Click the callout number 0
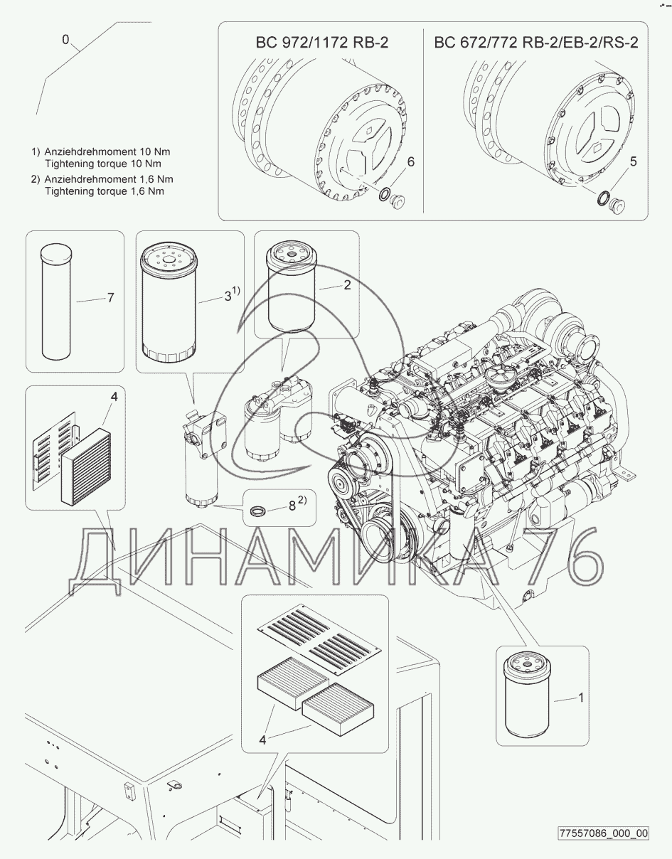click(x=65, y=40)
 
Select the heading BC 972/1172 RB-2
click(x=322, y=42)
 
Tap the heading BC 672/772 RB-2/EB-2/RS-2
click(x=536, y=42)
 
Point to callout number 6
click(x=411, y=161)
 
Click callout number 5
click(x=634, y=161)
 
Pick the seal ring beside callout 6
click(x=384, y=195)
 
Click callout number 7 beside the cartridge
click(x=111, y=297)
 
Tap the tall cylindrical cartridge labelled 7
click(x=56, y=302)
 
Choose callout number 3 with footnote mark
click(x=232, y=294)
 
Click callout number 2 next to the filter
click(x=347, y=284)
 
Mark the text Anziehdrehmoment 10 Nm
click(x=107, y=151)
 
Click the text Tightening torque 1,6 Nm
click(x=105, y=191)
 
